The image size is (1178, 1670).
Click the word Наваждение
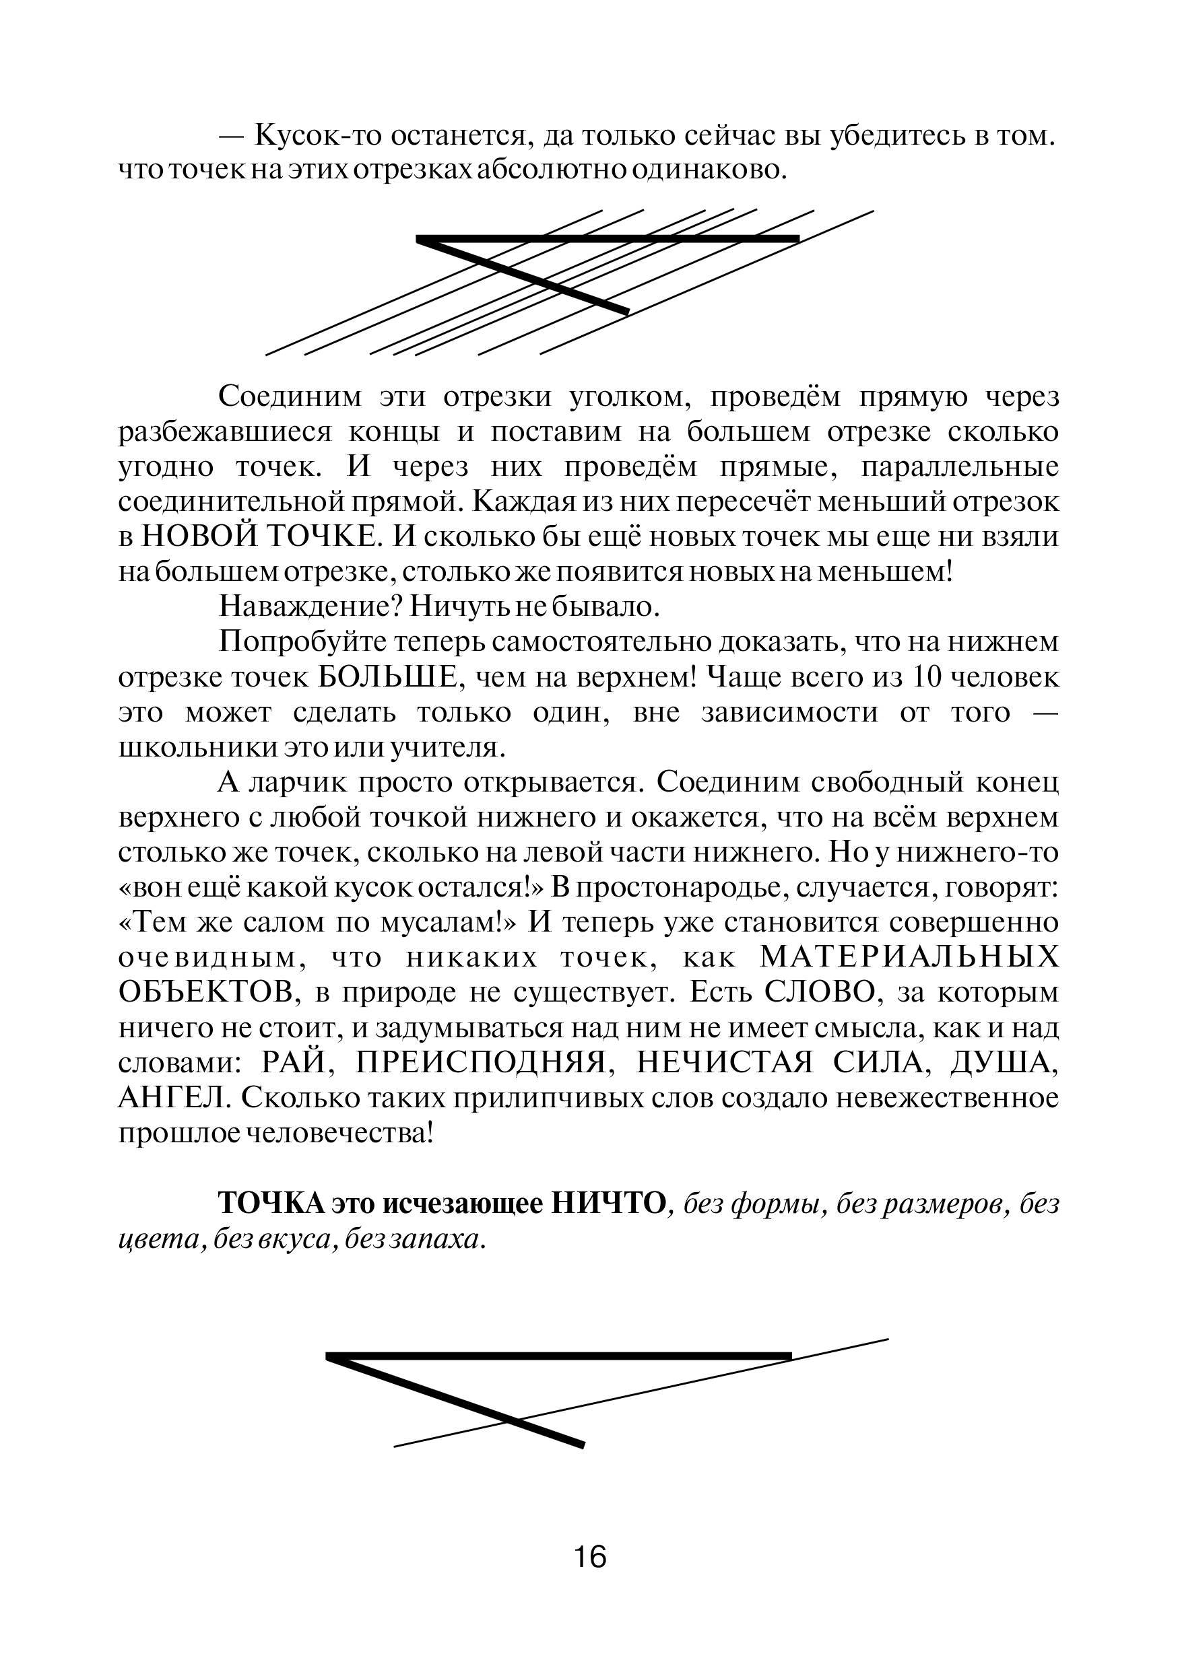click(x=300, y=606)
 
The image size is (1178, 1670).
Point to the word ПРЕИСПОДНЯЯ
click(x=480, y=1064)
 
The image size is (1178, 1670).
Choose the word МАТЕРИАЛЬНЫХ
click(x=909, y=958)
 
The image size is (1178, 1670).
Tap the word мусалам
click(x=443, y=923)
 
